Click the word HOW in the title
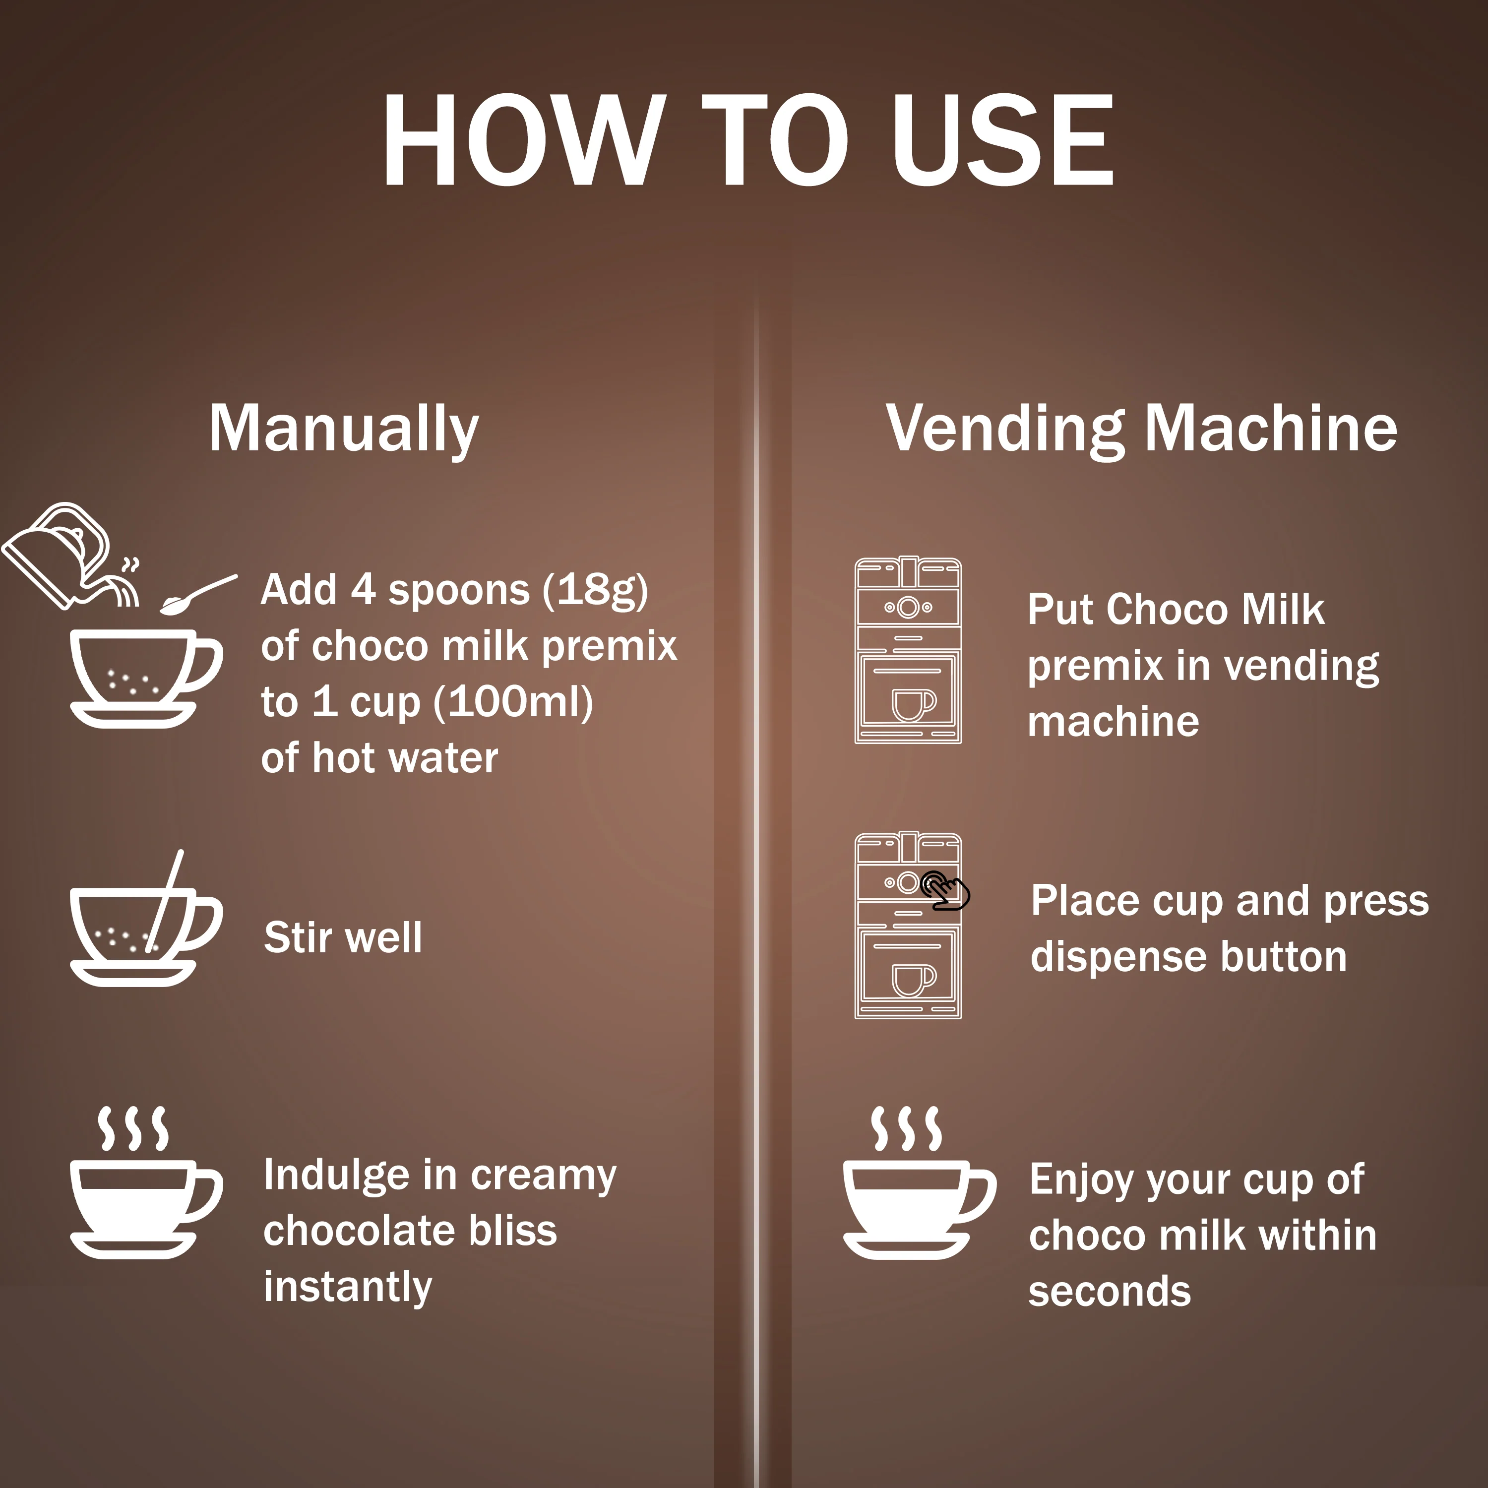[524, 140]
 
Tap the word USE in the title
[1003, 140]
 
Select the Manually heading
[344, 430]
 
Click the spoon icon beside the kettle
[198, 595]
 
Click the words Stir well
[343, 937]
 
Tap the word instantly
[347, 1287]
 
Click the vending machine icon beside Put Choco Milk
[908, 651]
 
